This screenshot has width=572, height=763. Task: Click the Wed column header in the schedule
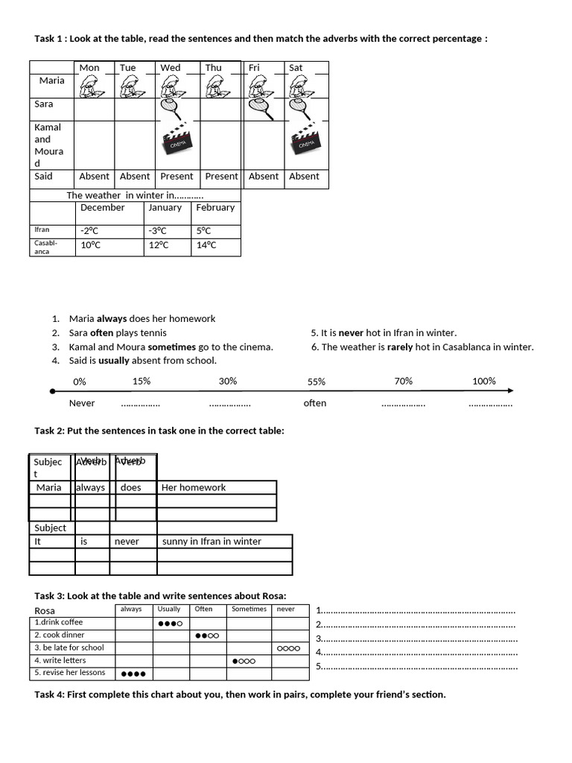click(171, 68)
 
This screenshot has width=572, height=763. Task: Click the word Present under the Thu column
click(221, 177)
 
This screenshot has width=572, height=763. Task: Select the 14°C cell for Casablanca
click(206, 245)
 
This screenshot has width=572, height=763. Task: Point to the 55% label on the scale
click(317, 381)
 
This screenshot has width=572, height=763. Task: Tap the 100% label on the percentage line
click(484, 381)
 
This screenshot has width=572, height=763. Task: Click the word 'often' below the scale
click(315, 403)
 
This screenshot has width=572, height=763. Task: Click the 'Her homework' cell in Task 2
click(194, 487)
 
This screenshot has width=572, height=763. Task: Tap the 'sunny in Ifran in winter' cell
click(212, 542)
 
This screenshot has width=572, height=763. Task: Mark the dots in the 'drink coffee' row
click(171, 623)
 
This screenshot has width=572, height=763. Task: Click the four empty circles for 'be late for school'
click(288, 648)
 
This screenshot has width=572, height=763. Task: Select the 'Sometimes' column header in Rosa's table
click(249, 610)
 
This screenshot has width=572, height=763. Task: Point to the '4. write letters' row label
click(60, 660)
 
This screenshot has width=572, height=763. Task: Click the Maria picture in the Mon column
click(92, 88)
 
